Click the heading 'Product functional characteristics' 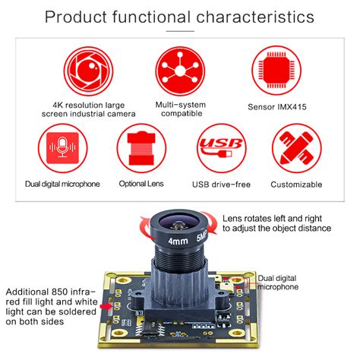(x=180, y=16)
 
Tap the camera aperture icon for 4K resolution (x=87, y=71)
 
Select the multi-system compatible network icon (x=179, y=71)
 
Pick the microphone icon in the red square (x=62, y=150)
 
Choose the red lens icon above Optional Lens (x=141, y=150)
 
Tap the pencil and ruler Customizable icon (x=297, y=150)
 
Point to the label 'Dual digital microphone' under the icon (x=62, y=185)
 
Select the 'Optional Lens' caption (x=141, y=185)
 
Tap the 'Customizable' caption (x=297, y=185)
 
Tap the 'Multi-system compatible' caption (x=179, y=108)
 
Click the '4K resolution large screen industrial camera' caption (x=87, y=108)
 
